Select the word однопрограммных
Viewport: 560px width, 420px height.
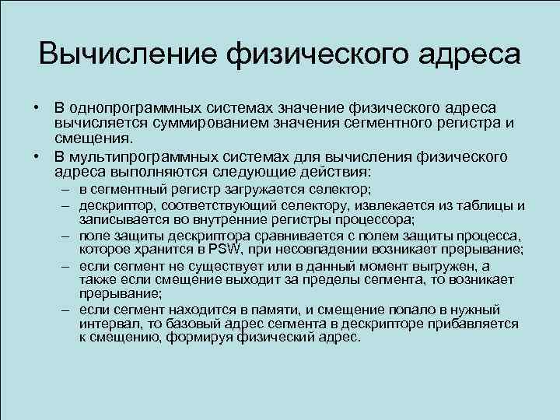pos(124,107)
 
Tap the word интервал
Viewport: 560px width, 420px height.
pos(106,324)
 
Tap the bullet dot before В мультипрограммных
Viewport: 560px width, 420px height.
pos(36,156)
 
